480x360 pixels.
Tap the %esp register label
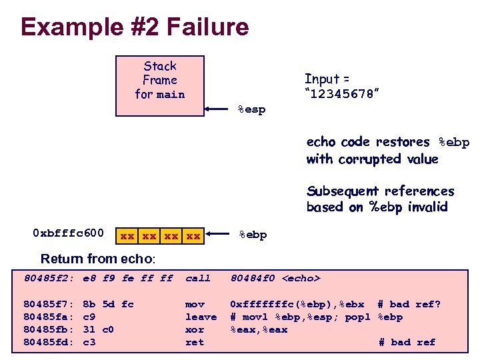point(251,109)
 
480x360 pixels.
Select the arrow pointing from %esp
point(220,108)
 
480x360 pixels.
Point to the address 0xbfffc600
point(68,233)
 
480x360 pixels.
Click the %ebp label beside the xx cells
point(253,234)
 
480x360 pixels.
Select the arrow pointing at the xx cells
point(220,234)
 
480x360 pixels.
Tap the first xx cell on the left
point(127,235)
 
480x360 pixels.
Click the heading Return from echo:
point(98,259)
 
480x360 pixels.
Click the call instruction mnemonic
point(198,278)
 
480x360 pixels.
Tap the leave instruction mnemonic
point(201,317)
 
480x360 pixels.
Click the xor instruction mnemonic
point(195,329)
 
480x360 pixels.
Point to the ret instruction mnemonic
point(195,342)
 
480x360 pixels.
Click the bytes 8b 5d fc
point(108,305)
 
